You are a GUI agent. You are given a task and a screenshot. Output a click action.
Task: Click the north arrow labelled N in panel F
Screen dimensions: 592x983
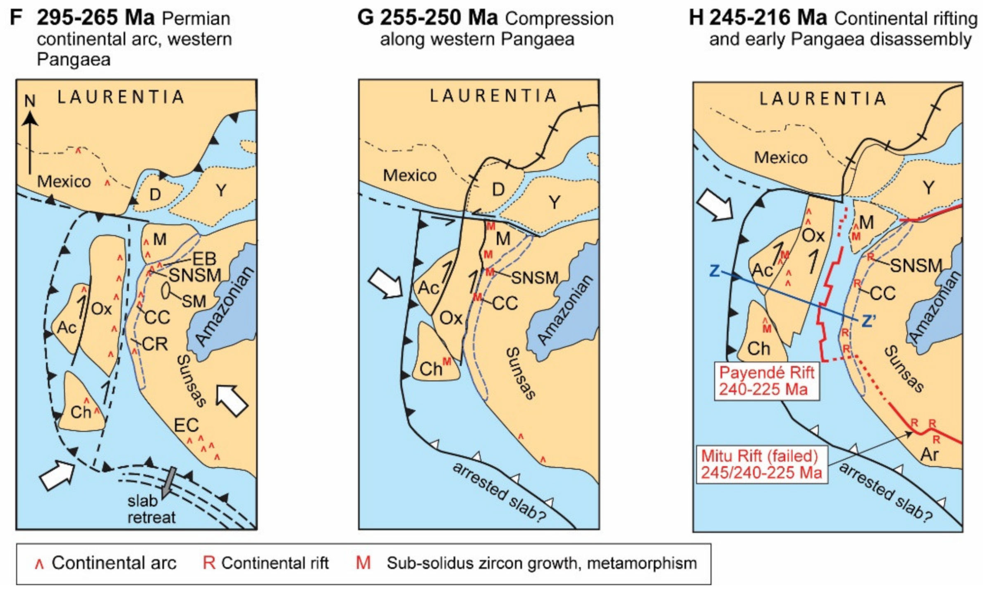(30, 137)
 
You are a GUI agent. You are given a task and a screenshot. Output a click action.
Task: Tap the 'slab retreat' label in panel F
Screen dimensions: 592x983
(151, 509)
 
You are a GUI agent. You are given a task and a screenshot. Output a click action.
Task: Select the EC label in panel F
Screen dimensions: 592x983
(186, 425)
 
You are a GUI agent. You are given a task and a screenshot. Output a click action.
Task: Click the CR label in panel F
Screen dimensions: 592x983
(155, 344)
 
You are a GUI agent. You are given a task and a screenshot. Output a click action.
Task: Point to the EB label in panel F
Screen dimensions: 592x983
(204, 259)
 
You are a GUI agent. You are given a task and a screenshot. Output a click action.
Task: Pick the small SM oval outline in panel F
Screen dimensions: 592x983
(165, 290)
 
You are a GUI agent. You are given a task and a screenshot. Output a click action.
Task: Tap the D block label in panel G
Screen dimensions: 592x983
(498, 189)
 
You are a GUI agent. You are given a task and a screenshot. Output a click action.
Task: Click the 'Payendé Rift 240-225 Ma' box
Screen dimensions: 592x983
(766, 381)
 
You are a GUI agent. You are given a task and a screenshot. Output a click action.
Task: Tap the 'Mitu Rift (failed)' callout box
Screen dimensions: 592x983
(761, 464)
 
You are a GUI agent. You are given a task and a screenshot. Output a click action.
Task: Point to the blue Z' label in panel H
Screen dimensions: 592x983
(868, 321)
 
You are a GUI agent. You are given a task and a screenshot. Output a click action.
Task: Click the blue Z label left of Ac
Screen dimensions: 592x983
(714, 271)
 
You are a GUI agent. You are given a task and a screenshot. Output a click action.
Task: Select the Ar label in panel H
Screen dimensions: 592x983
(929, 455)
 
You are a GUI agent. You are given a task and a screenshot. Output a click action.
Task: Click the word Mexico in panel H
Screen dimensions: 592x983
(780, 158)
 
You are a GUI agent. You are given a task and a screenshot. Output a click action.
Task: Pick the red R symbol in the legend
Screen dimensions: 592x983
(209, 563)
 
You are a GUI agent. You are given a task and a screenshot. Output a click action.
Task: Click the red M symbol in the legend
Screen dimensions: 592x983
(363, 563)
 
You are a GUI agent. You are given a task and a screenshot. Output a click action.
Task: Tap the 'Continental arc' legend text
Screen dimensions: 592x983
(114, 563)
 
